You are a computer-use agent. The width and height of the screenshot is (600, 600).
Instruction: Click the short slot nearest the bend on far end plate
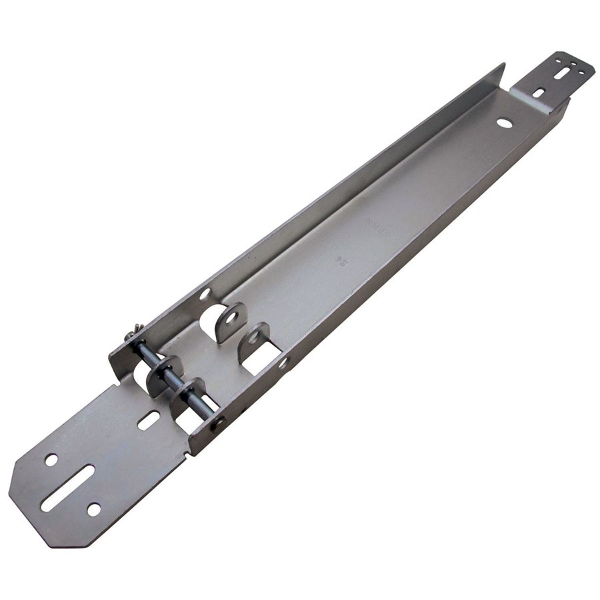click(542, 93)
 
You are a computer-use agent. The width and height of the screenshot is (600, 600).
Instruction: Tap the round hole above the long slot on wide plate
click(51, 459)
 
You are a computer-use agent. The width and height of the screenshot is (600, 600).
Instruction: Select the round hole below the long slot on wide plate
click(94, 509)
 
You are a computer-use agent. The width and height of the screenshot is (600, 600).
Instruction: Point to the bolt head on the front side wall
click(217, 421)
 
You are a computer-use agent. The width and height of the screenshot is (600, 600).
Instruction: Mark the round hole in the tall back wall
click(205, 293)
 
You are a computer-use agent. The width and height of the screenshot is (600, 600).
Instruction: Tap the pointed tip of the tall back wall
click(504, 65)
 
